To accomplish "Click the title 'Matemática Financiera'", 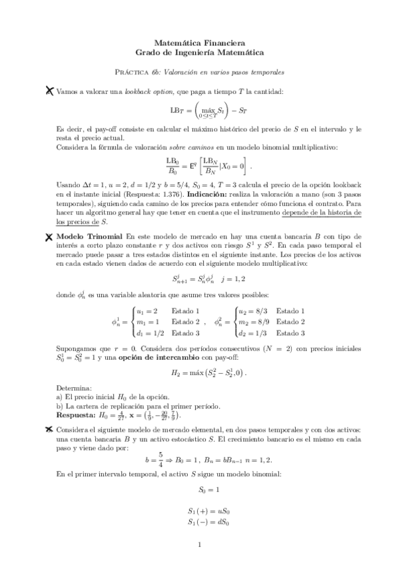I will pyautogui.click(x=199, y=42).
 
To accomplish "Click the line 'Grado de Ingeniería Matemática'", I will pyautogui.click(x=199, y=51).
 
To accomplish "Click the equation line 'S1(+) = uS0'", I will pyautogui.click(x=199, y=512).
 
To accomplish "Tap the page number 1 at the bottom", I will pyautogui.click(x=199, y=545).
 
